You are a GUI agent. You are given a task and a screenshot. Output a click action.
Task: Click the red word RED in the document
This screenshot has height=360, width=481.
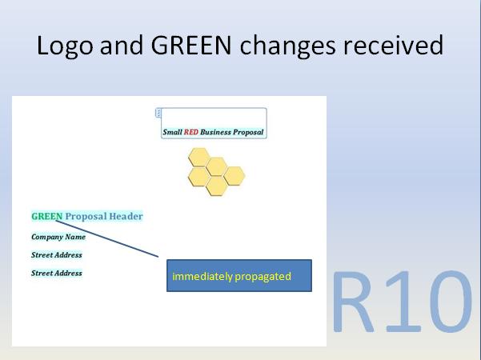[x=190, y=132]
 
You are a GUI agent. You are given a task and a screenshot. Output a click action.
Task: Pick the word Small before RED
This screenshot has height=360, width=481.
[x=172, y=132]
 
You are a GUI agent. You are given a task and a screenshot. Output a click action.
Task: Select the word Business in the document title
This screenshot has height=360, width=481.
[x=216, y=132]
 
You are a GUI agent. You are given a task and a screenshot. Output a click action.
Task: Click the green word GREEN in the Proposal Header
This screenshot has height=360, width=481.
[x=46, y=216]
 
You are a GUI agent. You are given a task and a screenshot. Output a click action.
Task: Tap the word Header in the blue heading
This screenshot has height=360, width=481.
[x=124, y=216]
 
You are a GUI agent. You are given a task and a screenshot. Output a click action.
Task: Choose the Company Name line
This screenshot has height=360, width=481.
[x=58, y=237]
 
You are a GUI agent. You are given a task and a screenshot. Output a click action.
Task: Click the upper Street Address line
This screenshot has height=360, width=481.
[x=56, y=255]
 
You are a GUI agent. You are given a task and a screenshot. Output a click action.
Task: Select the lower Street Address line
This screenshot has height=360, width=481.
[x=56, y=274]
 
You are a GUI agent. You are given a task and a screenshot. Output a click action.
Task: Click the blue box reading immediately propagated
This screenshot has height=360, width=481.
[x=238, y=276]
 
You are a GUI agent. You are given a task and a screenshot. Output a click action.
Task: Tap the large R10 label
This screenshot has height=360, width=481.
[x=402, y=302]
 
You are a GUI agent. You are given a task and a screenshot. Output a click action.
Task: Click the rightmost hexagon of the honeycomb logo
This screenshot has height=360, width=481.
[x=234, y=175]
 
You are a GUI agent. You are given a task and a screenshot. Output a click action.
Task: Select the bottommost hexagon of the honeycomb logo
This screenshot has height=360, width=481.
[x=216, y=186]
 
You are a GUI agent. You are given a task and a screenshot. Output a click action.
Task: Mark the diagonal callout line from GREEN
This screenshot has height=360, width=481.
[x=112, y=241]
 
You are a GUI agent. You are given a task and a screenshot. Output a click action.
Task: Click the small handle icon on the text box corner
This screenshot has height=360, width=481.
[x=158, y=113]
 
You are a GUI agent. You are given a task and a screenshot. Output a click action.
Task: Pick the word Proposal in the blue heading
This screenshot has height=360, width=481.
[x=85, y=216]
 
